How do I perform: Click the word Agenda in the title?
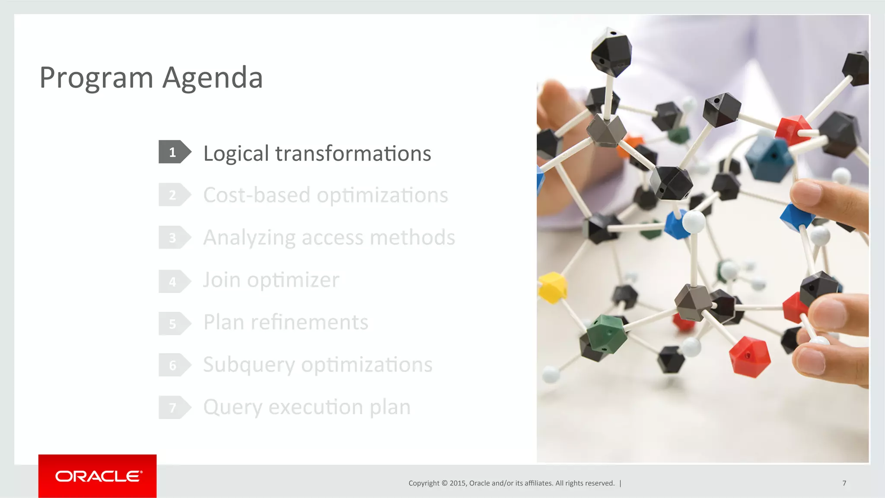click(x=213, y=78)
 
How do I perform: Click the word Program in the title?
click(x=96, y=78)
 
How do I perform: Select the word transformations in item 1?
click(x=353, y=154)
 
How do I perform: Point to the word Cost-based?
click(x=257, y=195)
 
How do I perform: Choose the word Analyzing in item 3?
click(x=249, y=238)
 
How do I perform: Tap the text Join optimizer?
click(x=271, y=280)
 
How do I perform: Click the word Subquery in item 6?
click(x=249, y=365)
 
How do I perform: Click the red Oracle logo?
click(x=98, y=476)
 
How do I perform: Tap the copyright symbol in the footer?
click(x=444, y=483)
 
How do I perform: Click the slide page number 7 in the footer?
click(x=844, y=483)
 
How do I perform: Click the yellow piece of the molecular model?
click(x=552, y=287)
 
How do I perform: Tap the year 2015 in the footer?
click(x=457, y=483)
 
